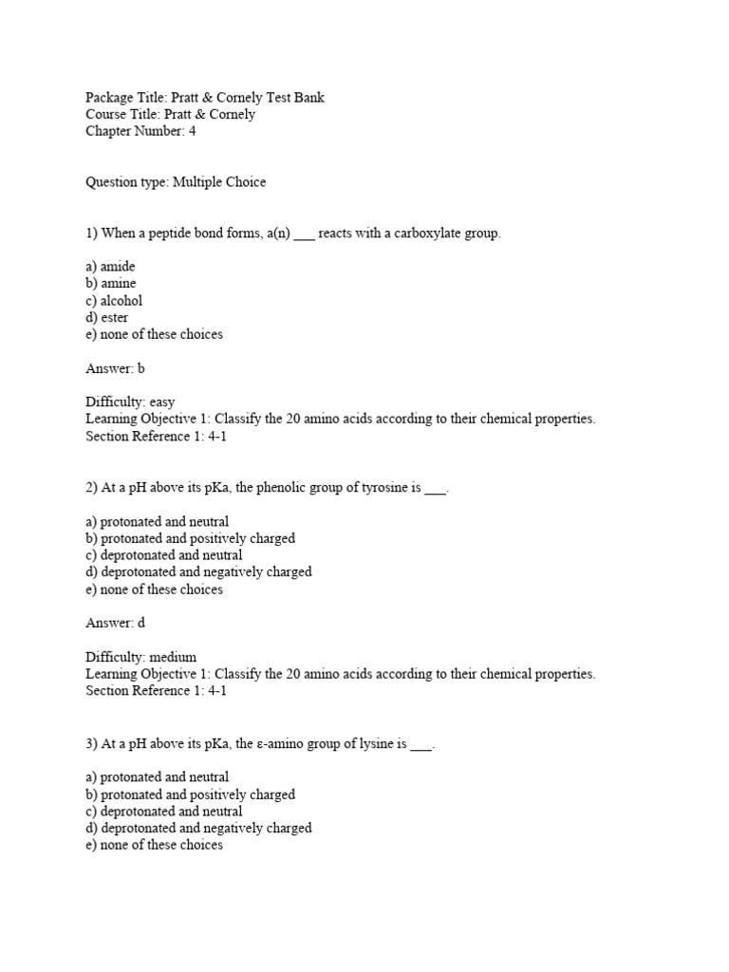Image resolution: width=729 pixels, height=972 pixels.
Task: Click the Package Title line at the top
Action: (x=205, y=98)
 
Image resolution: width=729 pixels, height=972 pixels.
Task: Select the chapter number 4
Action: (x=192, y=132)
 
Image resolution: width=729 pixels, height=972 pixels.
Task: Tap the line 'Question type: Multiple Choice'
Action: (x=176, y=182)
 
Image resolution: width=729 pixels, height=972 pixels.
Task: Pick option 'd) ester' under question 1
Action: (x=107, y=318)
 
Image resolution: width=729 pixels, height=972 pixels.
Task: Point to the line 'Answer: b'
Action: (x=115, y=368)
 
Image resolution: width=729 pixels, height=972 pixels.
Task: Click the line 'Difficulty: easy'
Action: (x=130, y=402)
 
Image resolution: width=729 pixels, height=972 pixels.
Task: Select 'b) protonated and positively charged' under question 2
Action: (x=190, y=538)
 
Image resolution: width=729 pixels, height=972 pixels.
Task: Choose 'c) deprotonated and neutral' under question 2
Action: (x=163, y=555)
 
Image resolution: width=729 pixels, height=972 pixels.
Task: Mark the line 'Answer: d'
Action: (x=115, y=624)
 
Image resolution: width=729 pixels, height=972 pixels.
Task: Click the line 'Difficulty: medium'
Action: (x=141, y=657)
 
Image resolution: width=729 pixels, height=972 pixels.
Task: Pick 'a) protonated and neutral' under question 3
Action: (x=157, y=777)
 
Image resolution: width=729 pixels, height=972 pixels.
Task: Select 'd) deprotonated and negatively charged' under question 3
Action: (x=198, y=829)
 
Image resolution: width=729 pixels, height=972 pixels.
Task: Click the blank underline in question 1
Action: (x=304, y=235)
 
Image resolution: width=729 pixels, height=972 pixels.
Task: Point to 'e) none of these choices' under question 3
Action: (x=154, y=846)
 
